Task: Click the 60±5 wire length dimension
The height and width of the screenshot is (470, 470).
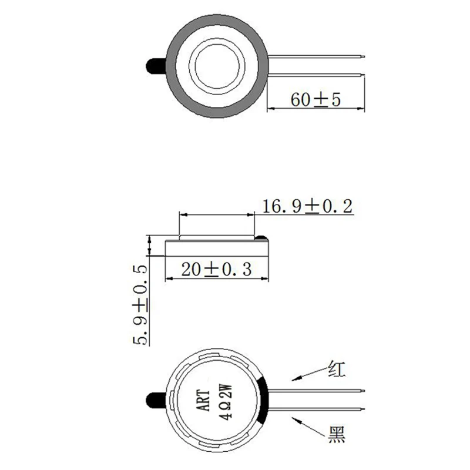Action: coord(316,99)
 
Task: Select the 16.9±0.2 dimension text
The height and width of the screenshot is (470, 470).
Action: coord(306,206)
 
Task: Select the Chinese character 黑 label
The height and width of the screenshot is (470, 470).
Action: coord(337,435)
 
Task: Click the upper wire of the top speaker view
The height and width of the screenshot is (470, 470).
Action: coord(317,56)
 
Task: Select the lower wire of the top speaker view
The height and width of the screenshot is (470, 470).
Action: coord(317,73)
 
